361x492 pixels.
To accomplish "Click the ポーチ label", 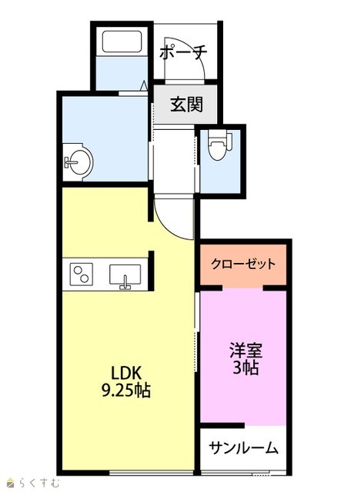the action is [183, 53].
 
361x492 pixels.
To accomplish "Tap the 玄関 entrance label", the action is [186, 105].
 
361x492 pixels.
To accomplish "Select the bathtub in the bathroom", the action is [122, 42].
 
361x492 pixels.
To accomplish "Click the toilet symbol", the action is [220, 144].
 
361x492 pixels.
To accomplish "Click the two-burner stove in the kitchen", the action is [81, 274].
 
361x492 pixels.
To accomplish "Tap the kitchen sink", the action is [125, 274].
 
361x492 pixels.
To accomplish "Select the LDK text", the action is [126, 373].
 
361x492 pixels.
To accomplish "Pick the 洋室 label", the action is [246, 351].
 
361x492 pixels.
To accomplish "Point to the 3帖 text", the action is [246, 367].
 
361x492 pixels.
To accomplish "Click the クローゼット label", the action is [243, 264].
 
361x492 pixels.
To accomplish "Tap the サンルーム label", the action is [243, 447].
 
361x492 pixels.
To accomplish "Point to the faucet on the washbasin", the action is [70, 162].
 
